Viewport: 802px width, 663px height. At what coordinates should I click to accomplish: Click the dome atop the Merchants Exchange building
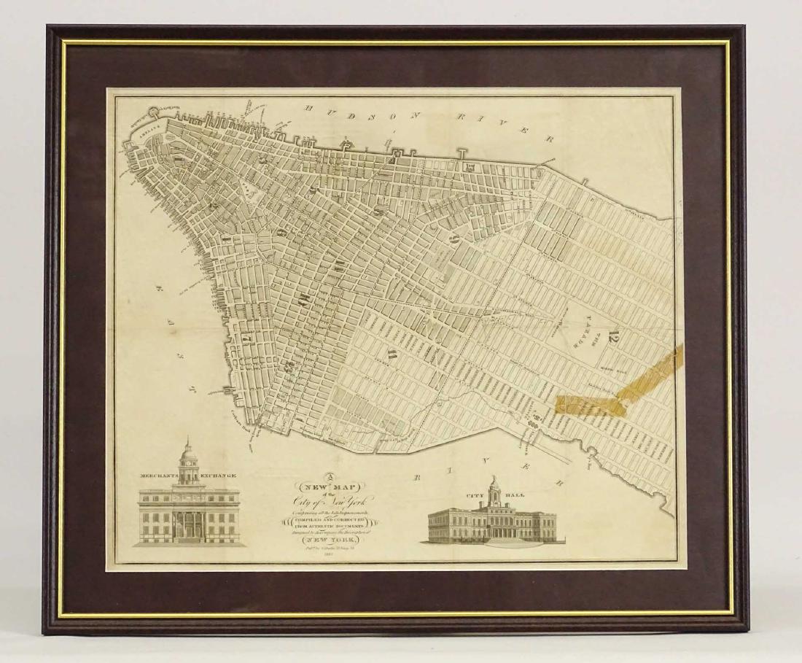pos(189,454)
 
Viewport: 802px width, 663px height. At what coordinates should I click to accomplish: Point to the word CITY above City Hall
pos(467,494)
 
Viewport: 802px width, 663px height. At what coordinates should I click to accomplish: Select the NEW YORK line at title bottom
pos(331,541)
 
